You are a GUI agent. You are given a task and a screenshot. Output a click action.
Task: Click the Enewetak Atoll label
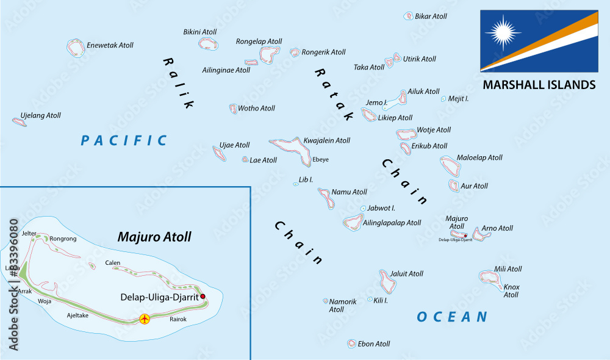click(x=110, y=45)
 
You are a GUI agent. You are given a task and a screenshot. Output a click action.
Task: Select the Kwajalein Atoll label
click(x=327, y=140)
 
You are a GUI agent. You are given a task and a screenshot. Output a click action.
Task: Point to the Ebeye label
click(x=320, y=159)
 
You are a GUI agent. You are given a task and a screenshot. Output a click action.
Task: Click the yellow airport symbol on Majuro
click(x=145, y=319)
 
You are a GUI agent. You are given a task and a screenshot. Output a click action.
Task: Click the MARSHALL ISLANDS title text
click(x=539, y=85)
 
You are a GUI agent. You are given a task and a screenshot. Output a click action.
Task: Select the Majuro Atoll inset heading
click(x=154, y=237)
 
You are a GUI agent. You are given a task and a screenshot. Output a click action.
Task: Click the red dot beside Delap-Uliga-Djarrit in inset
click(x=203, y=297)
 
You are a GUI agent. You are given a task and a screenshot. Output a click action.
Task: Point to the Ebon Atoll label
click(x=374, y=344)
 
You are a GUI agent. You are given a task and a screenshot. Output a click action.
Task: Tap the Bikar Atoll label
click(x=431, y=16)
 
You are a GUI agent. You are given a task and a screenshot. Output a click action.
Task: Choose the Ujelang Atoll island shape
click(x=20, y=122)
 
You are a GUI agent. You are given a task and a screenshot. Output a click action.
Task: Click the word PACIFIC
click(x=124, y=141)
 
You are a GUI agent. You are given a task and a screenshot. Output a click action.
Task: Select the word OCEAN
click(x=452, y=317)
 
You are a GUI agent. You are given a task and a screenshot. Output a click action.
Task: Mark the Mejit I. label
click(x=458, y=98)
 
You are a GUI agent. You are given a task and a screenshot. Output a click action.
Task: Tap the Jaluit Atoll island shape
click(x=387, y=282)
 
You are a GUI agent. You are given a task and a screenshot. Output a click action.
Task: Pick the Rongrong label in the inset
click(x=63, y=239)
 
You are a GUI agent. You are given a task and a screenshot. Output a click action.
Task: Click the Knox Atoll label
click(x=511, y=291)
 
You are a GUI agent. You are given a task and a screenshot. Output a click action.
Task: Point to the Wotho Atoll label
click(x=256, y=109)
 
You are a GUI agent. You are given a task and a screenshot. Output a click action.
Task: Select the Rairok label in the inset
click(x=178, y=319)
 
